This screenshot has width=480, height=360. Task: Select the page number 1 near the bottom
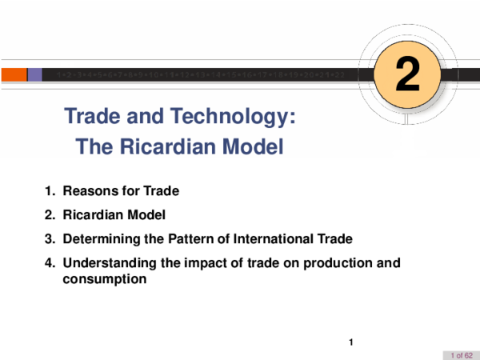[350, 343]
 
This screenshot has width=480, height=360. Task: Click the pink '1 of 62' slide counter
[461, 354]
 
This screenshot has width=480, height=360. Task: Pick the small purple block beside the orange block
[35, 74]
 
